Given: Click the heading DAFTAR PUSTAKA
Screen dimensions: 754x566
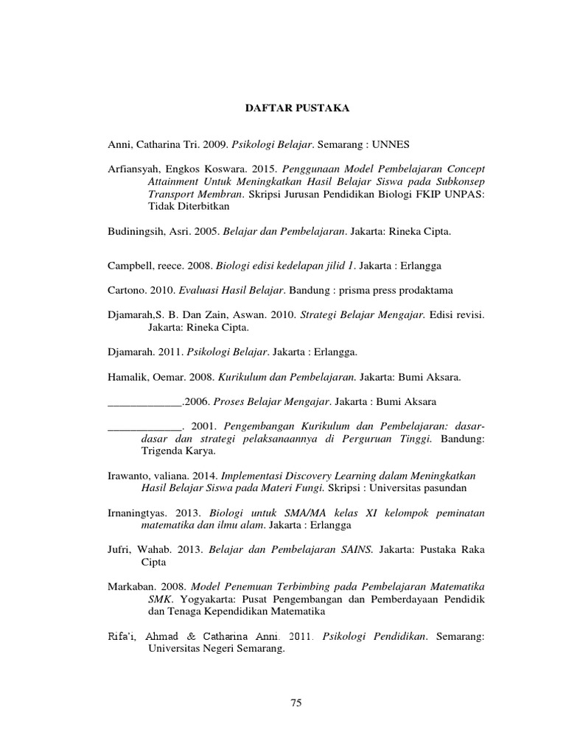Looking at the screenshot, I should pyautogui.click(x=297, y=108).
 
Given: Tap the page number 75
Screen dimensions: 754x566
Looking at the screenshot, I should pyautogui.click(x=296, y=703).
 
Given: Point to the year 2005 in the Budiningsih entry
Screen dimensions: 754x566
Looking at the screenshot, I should pyautogui.click(x=207, y=231).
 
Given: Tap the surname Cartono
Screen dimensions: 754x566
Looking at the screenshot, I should pyautogui.click(x=126, y=291).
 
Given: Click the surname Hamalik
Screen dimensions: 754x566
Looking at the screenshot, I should pyautogui.click(x=128, y=377).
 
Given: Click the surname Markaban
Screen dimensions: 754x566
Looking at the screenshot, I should pyautogui.click(x=130, y=587).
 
